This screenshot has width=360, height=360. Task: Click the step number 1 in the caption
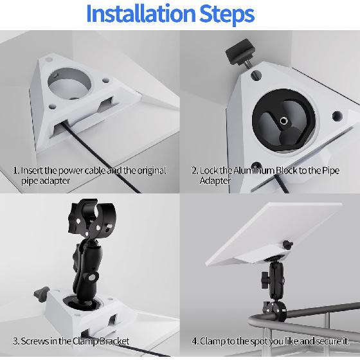coord(15,171)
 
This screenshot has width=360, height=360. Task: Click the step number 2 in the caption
coord(194,171)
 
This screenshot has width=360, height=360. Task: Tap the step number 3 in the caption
coord(15,341)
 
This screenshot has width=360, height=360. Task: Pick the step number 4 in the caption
coord(195,341)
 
